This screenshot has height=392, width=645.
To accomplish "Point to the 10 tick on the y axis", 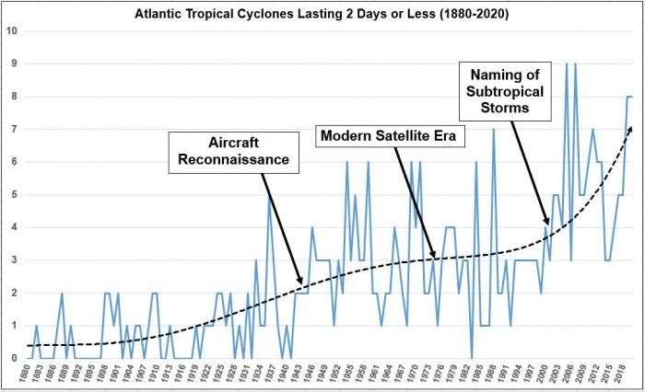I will (12, 30).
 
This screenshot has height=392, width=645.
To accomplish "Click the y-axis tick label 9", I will (12, 63).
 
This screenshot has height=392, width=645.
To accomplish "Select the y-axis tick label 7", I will (12, 129).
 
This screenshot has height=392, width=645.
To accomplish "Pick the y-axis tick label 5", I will (12, 194).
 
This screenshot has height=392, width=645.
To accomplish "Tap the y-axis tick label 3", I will (12, 259).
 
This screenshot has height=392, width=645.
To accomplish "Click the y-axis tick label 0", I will (12, 358).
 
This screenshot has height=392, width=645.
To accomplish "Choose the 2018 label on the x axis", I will (623, 376).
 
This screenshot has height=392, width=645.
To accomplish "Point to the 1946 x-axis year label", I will (313, 376).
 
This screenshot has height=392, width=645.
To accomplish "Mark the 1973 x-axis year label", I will (433, 376).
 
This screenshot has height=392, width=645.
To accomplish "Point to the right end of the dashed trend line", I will (630, 128).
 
